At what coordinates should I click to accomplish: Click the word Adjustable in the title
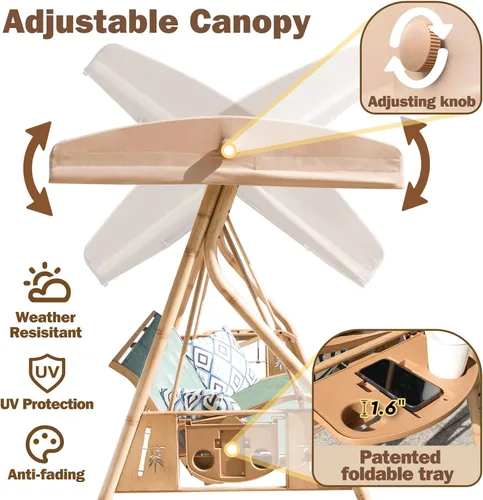(x=90, y=22)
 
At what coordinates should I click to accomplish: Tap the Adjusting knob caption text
(x=422, y=102)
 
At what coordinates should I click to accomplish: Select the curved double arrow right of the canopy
(x=417, y=167)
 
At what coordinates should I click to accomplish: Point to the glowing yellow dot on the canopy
(x=229, y=149)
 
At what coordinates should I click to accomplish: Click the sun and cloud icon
(x=47, y=282)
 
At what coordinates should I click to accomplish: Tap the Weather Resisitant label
(x=46, y=325)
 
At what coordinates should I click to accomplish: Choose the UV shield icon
(x=47, y=373)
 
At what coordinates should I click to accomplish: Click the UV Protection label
(x=47, y=404)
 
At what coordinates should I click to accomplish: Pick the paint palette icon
(x=45, y=444)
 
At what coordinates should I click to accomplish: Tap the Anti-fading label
(x=46, y=474)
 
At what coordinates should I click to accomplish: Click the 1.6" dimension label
(x=384, y=408)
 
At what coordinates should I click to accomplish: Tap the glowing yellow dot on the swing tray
(x=232, y=450)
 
